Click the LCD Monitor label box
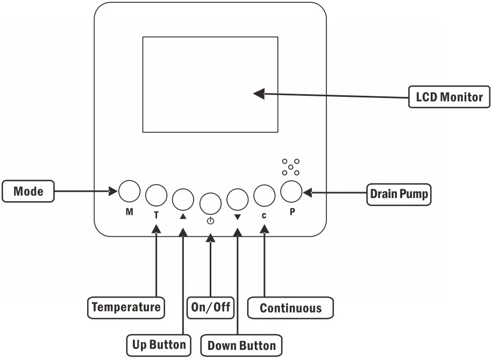449,97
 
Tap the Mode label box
28,191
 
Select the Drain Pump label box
399,194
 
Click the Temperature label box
126,308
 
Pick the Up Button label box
159,345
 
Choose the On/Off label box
211,308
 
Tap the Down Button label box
241,345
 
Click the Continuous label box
290,308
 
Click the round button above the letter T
156,195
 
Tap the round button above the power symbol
210,203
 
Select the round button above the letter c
265,195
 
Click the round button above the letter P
291,192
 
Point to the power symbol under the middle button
210,221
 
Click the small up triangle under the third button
183,216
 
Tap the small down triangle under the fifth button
238,217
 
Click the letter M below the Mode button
129,212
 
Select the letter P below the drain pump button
292,211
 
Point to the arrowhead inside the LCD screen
259,94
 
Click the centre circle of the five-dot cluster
290,167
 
